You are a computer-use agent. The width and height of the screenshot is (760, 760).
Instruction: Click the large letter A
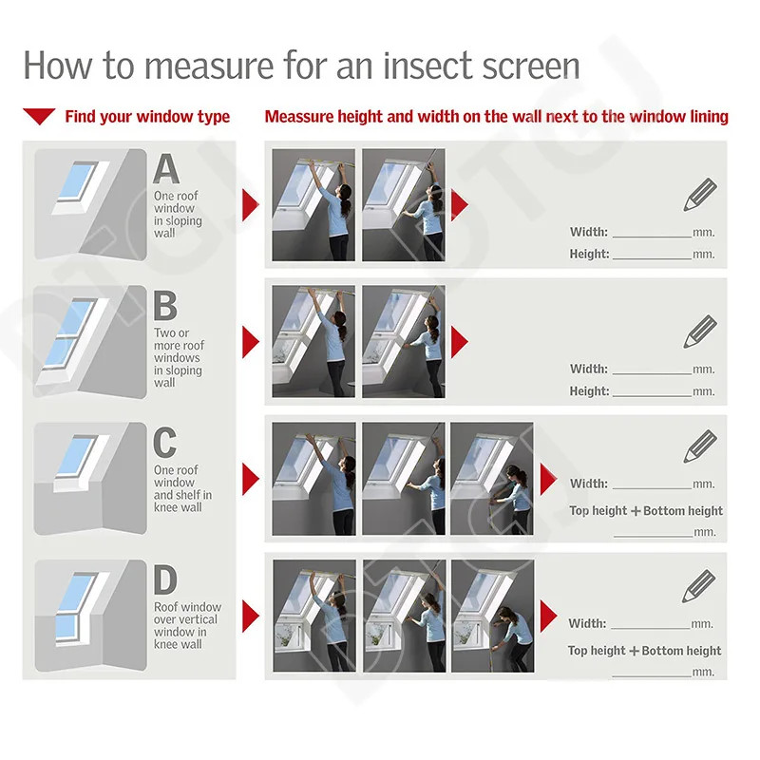(x=166, y=169)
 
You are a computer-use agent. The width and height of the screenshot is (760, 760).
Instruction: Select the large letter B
(x=165, y=307)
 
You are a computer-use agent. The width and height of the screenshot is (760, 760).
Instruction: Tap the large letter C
(x=165, y=444)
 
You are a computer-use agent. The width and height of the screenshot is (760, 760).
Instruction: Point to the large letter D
(x=166, y=580)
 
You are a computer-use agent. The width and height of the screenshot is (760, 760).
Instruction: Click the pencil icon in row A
(x=700, y=194)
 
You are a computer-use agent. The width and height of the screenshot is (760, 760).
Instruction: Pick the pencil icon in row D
(x=700, y=586)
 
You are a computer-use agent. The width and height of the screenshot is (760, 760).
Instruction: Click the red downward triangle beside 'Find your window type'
(x=39, y=117)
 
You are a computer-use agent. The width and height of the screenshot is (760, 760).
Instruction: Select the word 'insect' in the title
(x=434, y=66)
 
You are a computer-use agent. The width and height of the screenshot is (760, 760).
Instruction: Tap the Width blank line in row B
(x=652, y=370)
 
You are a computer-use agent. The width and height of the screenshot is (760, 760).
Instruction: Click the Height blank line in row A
(x=652, y=256)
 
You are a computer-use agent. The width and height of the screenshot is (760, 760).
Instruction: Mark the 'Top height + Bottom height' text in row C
(x=646, y=511)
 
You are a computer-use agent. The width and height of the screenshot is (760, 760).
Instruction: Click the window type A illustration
(x=90, y=203)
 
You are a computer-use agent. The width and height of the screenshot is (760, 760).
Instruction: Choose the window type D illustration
(x=90, y=615)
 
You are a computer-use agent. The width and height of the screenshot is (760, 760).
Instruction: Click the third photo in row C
(x=491, y=479)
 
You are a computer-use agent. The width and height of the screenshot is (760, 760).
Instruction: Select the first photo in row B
(x=313, y=341)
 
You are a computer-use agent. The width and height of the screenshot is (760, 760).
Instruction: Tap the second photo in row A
(x=404, y=204)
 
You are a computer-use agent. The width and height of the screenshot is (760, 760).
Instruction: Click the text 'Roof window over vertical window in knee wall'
(x=187, y=625)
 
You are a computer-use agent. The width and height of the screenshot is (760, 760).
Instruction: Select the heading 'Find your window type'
(x=147, y=117)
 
